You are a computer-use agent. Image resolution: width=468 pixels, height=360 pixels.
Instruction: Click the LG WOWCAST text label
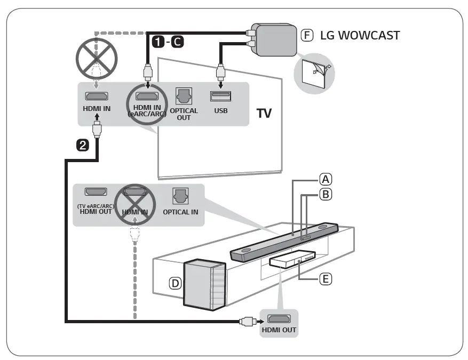click(x=360, y=36)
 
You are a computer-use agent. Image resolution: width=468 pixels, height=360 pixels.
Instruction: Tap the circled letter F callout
click(x=307, y=36)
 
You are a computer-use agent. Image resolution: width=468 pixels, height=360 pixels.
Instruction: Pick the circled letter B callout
click(x=325, y=195)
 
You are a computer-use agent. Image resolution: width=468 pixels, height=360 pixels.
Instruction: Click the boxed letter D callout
click(x=174, y=284)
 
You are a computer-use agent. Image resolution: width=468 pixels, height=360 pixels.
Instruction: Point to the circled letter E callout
click(x=325, y=278)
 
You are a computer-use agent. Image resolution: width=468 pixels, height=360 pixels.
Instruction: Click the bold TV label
click(x=264, y=114)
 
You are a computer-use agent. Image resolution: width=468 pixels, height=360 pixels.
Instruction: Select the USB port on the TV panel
click(x=220, y=96)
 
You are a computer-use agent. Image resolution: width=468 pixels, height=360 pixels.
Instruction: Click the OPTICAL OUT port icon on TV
click(x=184, y=95)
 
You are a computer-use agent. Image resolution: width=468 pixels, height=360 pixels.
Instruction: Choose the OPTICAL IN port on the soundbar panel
click(x=180, y=196)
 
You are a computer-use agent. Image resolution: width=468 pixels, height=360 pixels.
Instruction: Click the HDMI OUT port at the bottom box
click(x=279, y=319)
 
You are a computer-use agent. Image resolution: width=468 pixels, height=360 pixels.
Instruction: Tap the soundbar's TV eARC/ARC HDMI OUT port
click(x=96, y=192)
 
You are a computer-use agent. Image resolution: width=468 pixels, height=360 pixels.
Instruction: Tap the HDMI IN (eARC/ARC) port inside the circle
click(x=146, y=97)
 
